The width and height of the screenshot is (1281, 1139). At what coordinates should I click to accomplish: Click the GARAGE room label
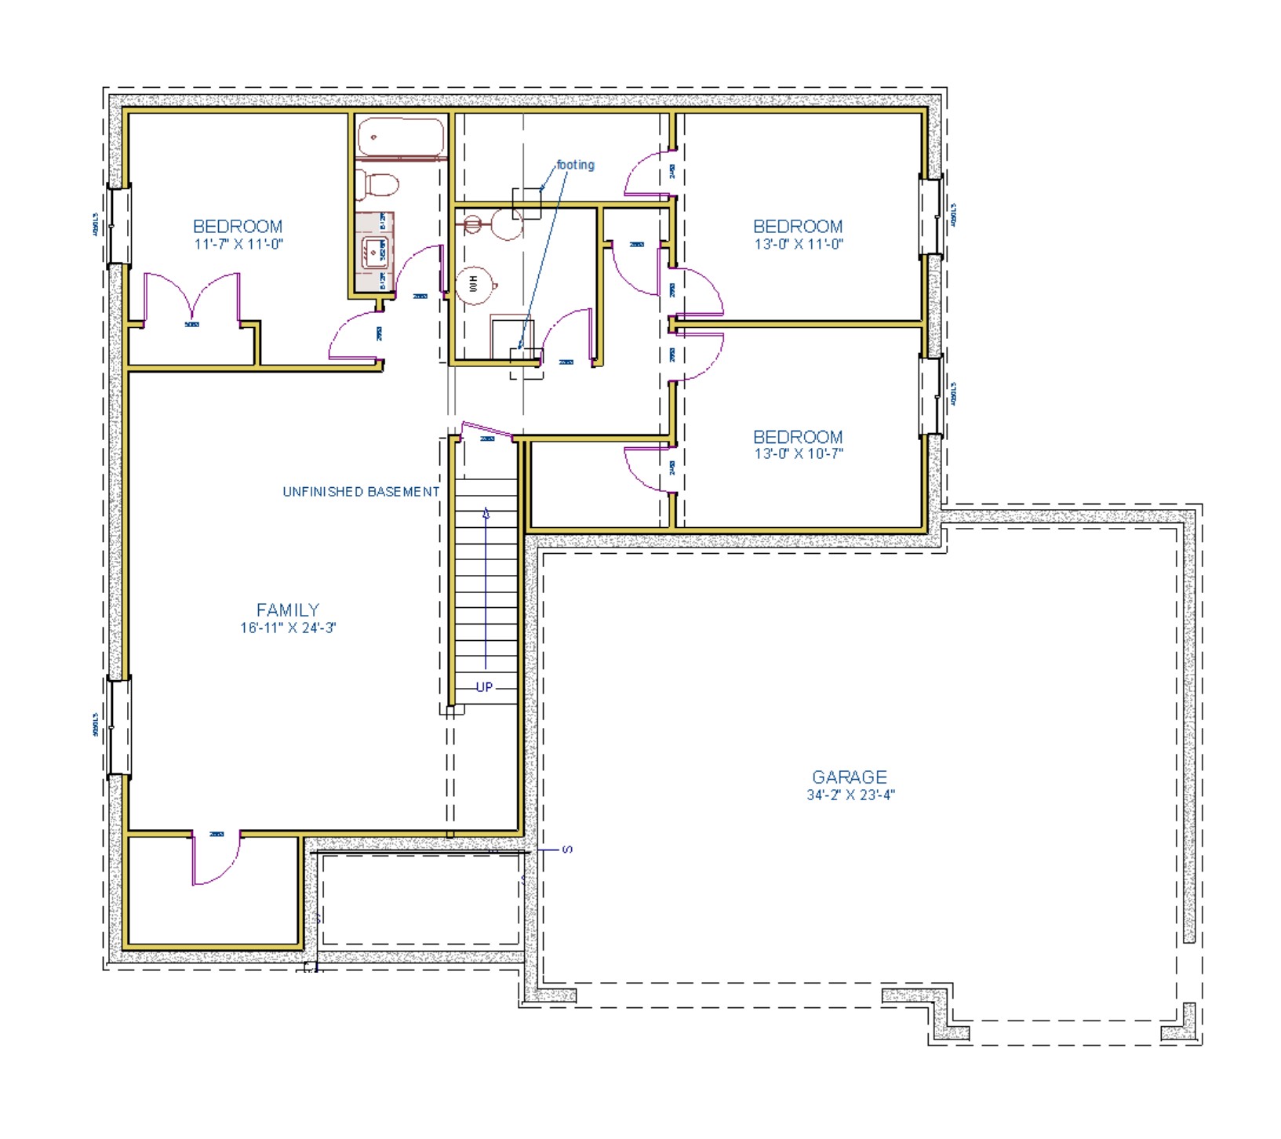coord(850,777)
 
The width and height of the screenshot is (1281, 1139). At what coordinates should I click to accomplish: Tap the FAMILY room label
coord(288,610)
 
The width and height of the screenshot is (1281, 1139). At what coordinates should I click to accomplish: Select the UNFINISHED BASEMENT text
coord(361,492)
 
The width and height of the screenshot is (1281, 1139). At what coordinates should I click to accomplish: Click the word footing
coord(575,165)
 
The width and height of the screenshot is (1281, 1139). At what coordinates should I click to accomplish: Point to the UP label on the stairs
coord(485,687)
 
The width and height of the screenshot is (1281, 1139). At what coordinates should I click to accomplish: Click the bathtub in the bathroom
coord(401,136)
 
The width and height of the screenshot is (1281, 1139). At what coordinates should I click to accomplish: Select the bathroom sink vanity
coord(373,251)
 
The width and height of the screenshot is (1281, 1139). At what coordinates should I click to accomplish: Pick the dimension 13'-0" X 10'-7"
coord(799,453)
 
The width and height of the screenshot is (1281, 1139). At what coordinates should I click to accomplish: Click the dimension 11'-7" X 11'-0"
coord(238,244)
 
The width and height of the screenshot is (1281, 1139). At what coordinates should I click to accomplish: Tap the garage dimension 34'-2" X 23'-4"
coord(850,795)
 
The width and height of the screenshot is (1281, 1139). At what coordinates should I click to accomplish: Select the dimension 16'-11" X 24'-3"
coord(288,628)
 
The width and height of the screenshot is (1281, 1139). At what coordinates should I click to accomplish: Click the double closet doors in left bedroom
coord(192,302)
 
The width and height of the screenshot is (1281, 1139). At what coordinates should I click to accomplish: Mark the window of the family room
coord(118,727)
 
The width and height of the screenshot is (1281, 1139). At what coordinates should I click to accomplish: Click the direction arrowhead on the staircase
coord(486,514)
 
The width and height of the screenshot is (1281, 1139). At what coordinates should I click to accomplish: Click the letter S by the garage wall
coord(568,849)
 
